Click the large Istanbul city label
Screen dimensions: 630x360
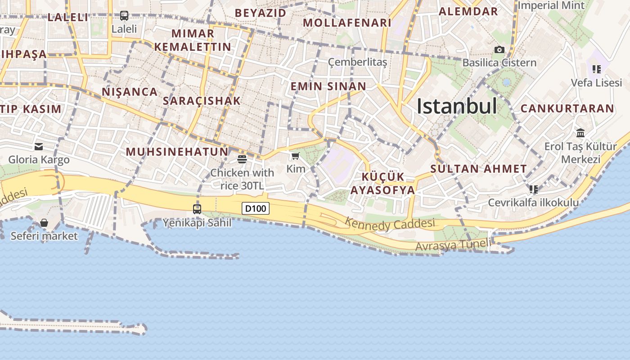click(456, 107)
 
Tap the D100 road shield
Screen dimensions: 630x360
click(256, 208)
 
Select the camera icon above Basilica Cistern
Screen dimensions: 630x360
click(499, 49)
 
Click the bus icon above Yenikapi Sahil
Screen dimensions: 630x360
click(197, 209)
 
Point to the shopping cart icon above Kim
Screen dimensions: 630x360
click(296, 156)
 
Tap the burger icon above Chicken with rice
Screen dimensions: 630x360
click(242, 159)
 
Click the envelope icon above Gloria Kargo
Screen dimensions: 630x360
click(39, 146)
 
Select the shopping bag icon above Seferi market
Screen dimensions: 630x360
click(44, 223)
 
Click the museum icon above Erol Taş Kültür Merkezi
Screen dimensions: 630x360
click(580, 133)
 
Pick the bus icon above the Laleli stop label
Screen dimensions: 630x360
click(124, 16)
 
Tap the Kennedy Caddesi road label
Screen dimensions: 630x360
click(390, 224)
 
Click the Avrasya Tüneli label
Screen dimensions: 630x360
click(453, 245)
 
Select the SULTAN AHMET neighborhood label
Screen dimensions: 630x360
click(478, 169)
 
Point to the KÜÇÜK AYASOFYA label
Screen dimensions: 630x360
click(383, 183)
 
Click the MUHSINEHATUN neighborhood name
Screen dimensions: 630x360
click(177, 152)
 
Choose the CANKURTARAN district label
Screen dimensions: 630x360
click(567, 108)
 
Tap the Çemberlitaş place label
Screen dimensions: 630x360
click(357, 62)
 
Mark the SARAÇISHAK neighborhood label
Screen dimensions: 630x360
click(202, 101)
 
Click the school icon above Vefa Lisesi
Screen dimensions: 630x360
click(597, 69)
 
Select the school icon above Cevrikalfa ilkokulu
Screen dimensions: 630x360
click(534, 189)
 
